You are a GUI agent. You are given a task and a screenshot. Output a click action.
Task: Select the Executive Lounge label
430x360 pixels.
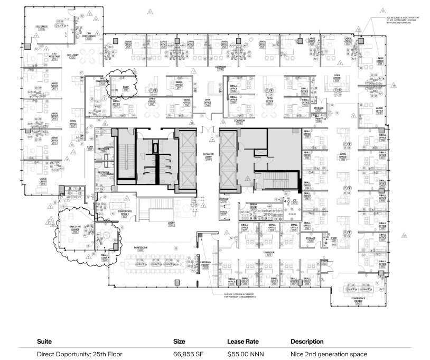[x=75, y=228]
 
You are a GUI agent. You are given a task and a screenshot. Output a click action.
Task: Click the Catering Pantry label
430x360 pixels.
[x=206, y=263]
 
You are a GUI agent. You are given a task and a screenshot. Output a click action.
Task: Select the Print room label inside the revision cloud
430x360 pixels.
[x=126, y=88]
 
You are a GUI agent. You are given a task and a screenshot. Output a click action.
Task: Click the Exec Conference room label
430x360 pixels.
[x=102, y=80]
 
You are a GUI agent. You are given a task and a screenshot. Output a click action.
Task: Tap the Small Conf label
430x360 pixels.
[x=105, y=257]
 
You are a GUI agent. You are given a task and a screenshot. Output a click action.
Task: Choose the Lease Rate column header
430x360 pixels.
[x=242, y=341]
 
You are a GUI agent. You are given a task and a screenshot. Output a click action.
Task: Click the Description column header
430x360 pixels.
[x=307, y=341]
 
